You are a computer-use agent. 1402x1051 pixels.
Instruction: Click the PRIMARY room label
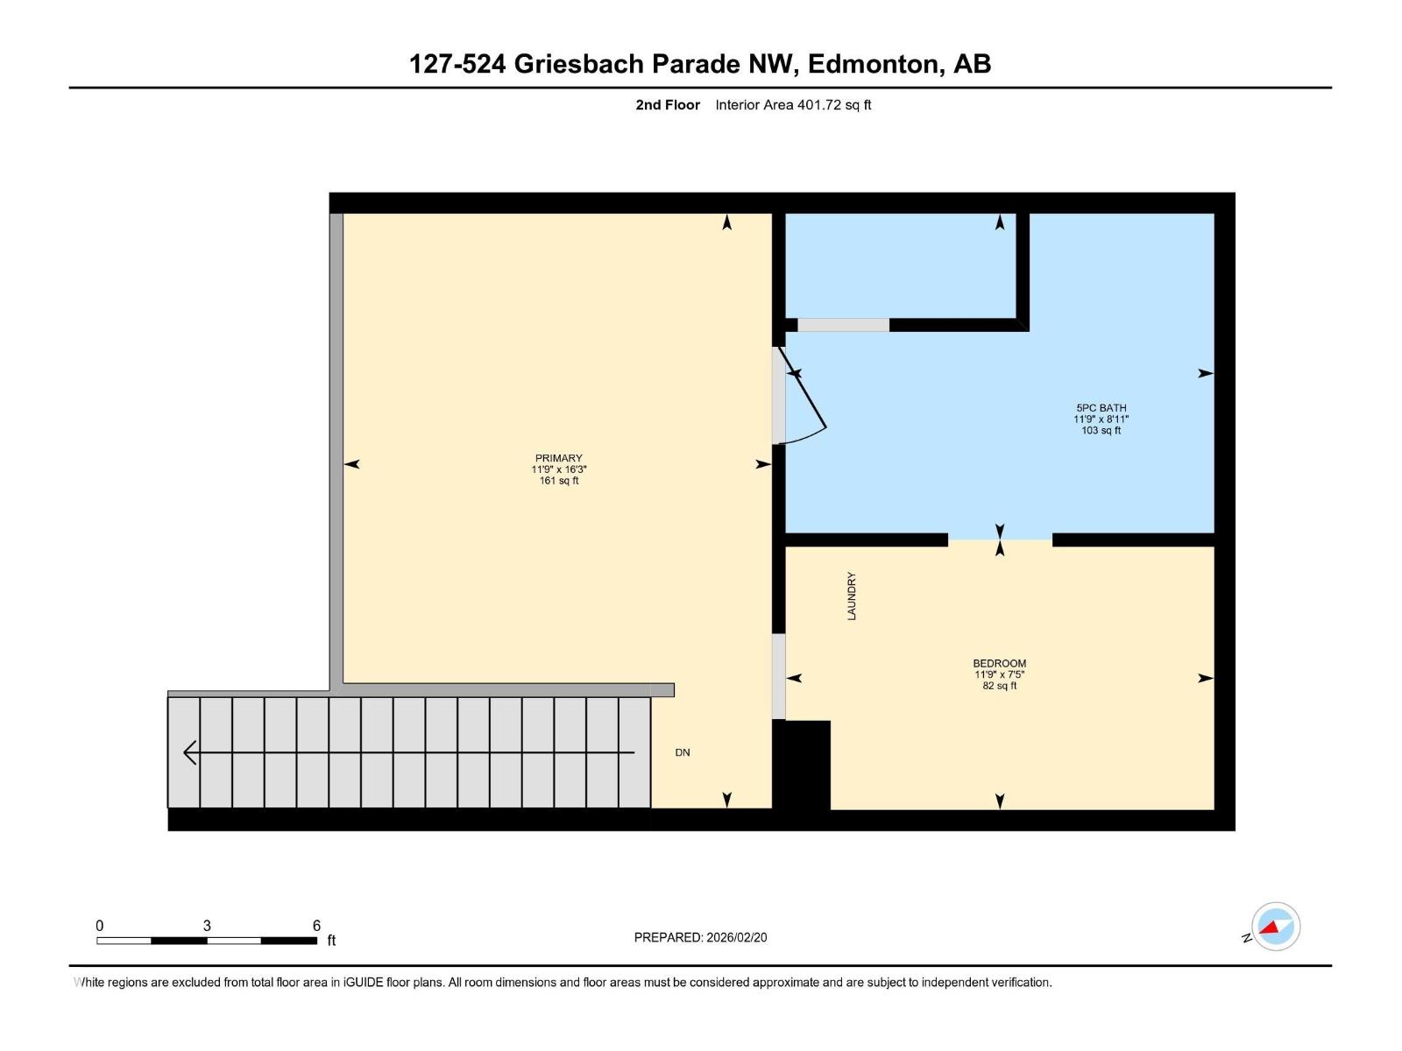(558, 458)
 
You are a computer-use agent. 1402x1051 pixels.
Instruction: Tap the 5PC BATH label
(1101, 407)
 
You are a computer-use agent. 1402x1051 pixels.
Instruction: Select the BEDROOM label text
(999, 663)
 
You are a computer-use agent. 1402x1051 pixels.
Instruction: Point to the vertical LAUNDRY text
(851, 596)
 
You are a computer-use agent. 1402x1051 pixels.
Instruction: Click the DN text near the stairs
(683, 752)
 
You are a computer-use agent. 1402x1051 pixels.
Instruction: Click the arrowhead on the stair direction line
(189, 752)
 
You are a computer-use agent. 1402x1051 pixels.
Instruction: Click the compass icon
(1275, 927)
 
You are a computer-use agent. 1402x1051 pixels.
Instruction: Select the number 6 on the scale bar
(316, 926)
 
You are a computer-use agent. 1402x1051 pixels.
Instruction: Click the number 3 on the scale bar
(207, 926)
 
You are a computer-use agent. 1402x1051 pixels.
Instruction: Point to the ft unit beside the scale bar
(331, 941)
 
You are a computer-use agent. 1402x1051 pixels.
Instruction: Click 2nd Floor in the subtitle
(668, 105)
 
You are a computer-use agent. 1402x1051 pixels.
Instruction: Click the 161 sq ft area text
(558, 481)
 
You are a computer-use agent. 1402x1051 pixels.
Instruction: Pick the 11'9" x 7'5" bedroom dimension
(999, 674)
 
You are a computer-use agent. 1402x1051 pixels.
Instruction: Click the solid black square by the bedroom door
(801, 765)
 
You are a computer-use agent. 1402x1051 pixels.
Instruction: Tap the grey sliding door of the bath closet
(843, 325)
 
